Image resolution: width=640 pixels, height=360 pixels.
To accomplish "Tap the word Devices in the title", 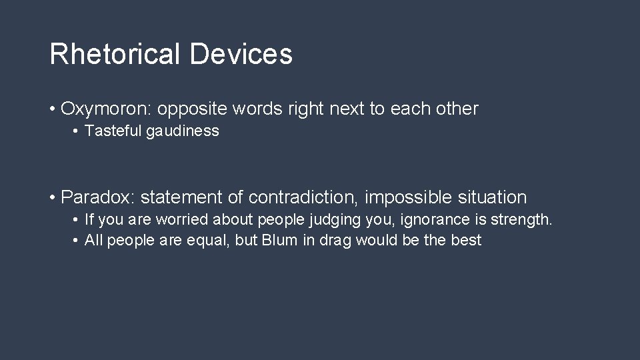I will click(x=241, y=54).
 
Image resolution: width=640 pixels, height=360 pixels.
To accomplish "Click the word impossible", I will click(x=409, y=197).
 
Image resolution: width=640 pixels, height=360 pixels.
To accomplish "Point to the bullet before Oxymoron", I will click(x=52, y=109).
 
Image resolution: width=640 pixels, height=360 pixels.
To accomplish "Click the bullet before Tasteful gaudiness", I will click(x=77, y=131).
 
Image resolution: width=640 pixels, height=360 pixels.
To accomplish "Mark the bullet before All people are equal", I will click(x=77, y=241).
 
